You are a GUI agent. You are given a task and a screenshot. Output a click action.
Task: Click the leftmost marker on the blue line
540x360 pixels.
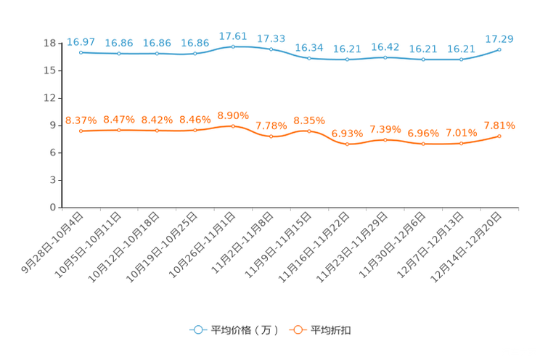coord(81,52)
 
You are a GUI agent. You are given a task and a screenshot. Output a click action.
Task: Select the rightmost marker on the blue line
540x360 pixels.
coord(499,49)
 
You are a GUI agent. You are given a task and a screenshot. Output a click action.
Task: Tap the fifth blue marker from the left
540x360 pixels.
coord(233,46)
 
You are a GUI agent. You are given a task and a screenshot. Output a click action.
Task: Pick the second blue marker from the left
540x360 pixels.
coord(119,54)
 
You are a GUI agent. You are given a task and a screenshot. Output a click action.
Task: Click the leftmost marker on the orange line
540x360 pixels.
coord(81,131)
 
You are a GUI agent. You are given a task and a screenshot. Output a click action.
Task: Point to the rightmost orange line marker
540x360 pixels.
coord(499,136)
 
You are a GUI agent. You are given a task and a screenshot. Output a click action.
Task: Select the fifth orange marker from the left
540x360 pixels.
coord(233,126)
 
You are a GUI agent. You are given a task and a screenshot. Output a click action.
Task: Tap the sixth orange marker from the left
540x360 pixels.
coord(271,136)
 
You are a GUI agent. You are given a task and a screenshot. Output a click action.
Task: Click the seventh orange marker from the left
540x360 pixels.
coord(309,131)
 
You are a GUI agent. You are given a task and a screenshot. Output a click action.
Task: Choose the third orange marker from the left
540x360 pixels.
coord(157,131)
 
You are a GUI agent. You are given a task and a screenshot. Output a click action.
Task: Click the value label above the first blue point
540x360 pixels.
coord(81,41)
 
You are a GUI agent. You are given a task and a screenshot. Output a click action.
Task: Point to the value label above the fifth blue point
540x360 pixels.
coord(233,36)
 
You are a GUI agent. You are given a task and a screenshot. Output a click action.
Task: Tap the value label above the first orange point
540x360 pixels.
coord(81,120)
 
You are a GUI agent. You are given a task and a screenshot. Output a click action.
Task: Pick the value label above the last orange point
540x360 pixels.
coord(499,126)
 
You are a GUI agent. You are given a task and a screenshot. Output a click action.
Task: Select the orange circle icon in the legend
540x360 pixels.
coord(297,330)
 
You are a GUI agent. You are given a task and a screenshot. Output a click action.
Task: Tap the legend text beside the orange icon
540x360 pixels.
coord(332,330)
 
